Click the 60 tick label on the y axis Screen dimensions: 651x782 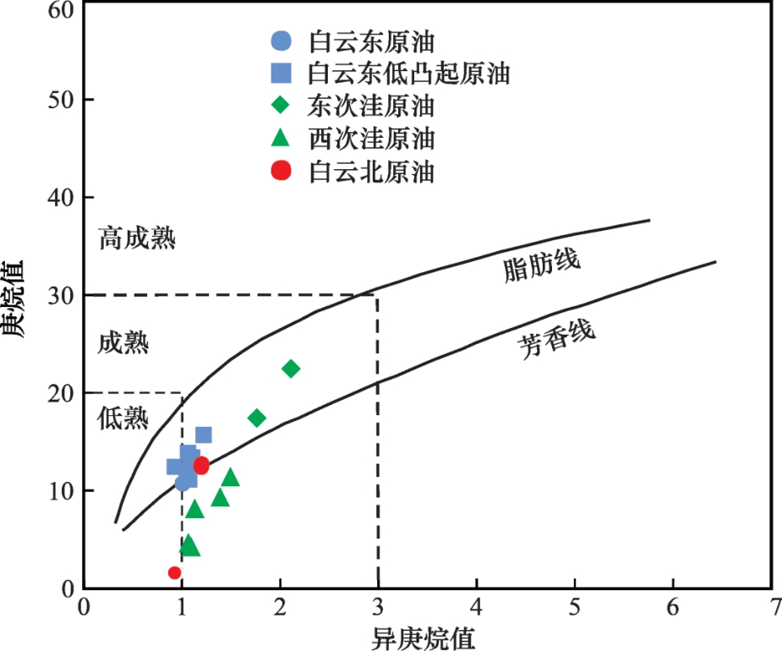point(63,10)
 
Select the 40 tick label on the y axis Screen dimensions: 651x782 point(63,198)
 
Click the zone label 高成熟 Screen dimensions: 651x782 point(137,238)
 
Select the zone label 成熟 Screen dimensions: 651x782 point(124,344)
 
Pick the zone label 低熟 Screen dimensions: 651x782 point(124,418)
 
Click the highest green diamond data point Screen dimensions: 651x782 point(291,369)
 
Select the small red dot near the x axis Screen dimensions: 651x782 point(175,572)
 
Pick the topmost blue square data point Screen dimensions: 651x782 point(204,435)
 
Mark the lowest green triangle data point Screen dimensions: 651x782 point(189,545)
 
